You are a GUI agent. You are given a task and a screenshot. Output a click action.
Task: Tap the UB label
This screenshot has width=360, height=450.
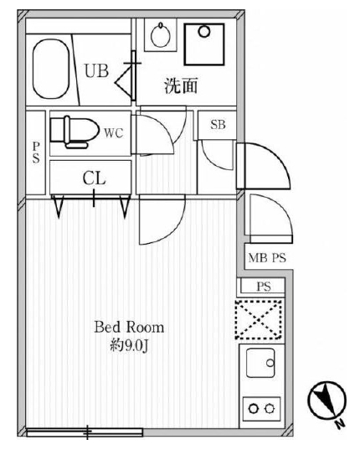(96, 71)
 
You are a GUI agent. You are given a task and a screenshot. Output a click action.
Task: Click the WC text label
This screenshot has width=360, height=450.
(115, 132)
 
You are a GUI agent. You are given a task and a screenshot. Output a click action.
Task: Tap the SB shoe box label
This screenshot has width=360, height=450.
(218, 125)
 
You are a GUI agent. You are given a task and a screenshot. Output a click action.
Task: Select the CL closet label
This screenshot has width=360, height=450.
(94, 177)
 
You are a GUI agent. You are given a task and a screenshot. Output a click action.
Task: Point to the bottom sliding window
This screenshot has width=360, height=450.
(84, 432)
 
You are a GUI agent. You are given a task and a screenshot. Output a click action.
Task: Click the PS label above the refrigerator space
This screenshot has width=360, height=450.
(264, 287)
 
